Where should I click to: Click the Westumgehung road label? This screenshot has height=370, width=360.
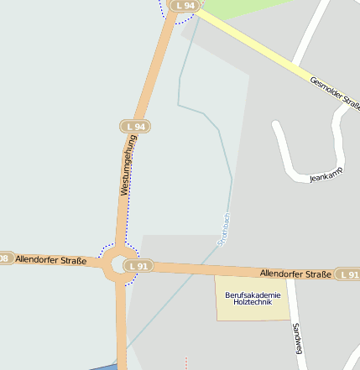[128, 165]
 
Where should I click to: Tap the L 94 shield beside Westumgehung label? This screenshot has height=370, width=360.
[134, 127]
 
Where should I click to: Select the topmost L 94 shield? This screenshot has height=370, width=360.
[184, 5]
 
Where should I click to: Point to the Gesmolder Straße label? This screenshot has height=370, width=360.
[335, 95]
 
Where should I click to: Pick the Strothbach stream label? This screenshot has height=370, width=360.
[223, 229]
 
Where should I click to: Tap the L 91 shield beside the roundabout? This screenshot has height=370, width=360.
[138, 266]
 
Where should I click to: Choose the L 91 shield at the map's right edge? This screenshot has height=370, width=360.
[347, 274]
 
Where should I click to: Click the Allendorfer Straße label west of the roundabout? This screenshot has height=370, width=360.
[51, 260]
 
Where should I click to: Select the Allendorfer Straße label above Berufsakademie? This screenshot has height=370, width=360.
[295, 274]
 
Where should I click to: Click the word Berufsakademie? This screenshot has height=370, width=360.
[253, 294]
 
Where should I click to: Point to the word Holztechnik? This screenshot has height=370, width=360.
[253, 302]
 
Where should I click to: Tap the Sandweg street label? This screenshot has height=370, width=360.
[296, 337]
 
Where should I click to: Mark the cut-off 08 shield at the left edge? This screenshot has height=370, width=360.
[4, 258]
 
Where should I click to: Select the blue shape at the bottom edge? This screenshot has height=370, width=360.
[103, 367]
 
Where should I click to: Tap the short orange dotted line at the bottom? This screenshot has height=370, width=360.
[186, 362]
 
